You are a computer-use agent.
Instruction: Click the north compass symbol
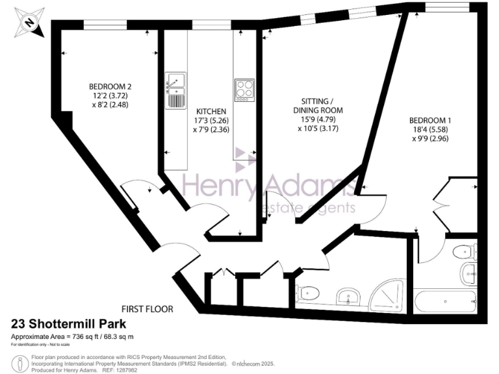[x=27, y=21]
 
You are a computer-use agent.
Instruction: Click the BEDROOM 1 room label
[x=430, y=121]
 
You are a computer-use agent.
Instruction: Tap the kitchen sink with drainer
[x=175, y=90]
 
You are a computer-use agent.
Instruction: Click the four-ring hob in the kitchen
[x=244, y=90]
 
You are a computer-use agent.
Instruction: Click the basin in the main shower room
[x=350, y=297]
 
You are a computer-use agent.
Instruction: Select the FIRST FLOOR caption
[x=147, y=309]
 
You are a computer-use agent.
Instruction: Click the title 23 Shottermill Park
[x=68, y=324]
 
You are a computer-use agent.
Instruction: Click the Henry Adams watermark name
[x=268, y=186]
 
